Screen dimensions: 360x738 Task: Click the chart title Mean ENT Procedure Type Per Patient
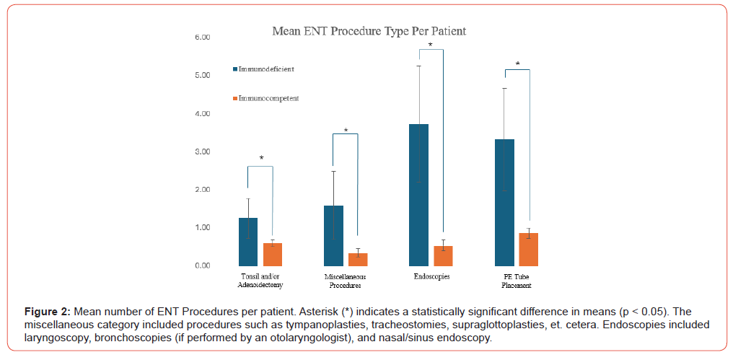369,31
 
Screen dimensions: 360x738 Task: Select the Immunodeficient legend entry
264,69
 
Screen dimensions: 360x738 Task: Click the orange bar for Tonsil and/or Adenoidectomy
272,254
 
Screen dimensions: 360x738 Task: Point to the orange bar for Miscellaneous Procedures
358,259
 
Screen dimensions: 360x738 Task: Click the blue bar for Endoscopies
418,195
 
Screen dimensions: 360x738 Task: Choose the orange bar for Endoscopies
443,255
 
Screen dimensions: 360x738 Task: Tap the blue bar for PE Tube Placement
504,202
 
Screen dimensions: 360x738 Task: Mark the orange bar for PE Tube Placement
528,249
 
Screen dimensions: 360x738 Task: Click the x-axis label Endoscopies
431,276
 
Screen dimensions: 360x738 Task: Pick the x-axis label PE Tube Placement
517,281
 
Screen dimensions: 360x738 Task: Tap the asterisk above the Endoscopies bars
431,45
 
